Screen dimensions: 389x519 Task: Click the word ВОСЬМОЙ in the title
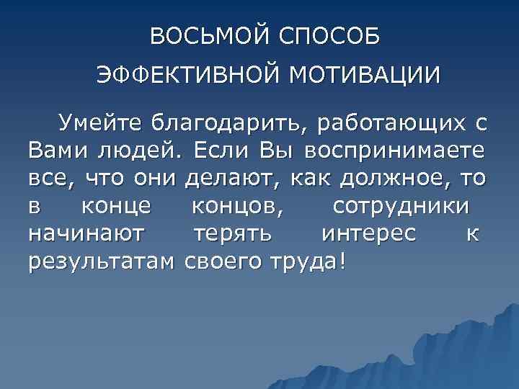point(204,37)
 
